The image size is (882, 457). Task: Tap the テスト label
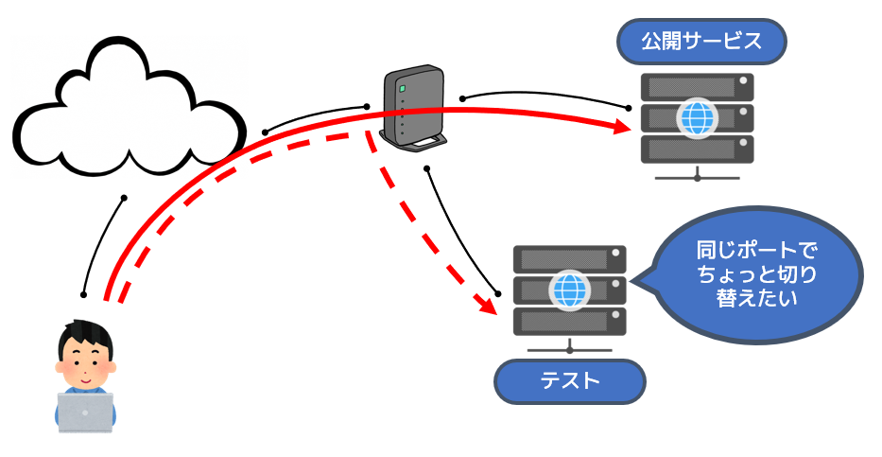pyautogui.click(x=570, y=382)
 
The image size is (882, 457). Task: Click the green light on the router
pyautogui.click(x=401, y=89)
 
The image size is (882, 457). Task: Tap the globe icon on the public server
pyautogui.click(x=697, y=118)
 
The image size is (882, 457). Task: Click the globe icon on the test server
pyautogui.click(x=569, y=290)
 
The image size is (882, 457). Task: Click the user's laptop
pyautogui.click(x=85, y=412)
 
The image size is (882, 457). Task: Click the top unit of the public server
pyautogui.click(x=697, y=88)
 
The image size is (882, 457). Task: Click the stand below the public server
pyautogui.click(x=697, y=175)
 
